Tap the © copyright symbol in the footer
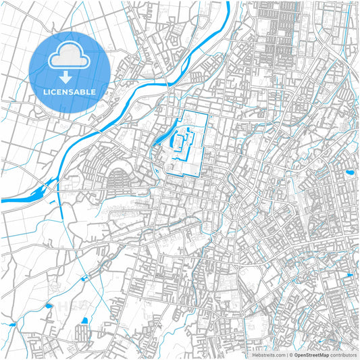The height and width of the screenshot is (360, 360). [290, 354]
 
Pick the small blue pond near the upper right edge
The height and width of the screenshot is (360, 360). [350, 172]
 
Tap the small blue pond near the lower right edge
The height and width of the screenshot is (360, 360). [349, 276]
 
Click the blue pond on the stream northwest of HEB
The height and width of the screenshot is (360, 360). [49, 306]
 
